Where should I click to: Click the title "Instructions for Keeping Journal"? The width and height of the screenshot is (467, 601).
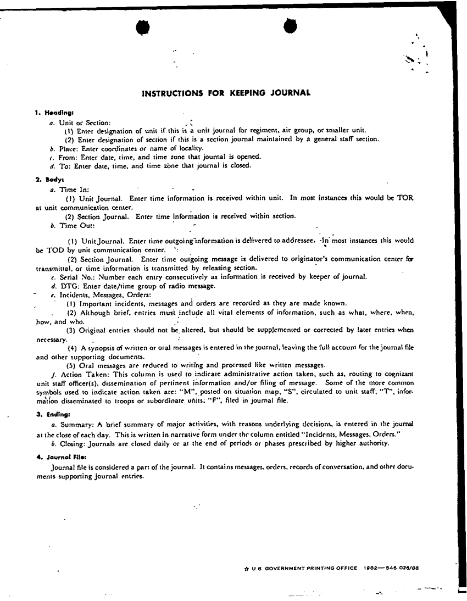[x=226, y=93]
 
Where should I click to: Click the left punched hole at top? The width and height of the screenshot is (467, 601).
[x=143, y=26]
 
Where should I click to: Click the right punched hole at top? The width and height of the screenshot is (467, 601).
[x=290, y=25]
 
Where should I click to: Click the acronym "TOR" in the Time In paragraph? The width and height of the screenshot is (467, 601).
[x=404, y=198]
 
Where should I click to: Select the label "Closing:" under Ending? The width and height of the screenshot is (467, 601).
[x=76, y=443]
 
